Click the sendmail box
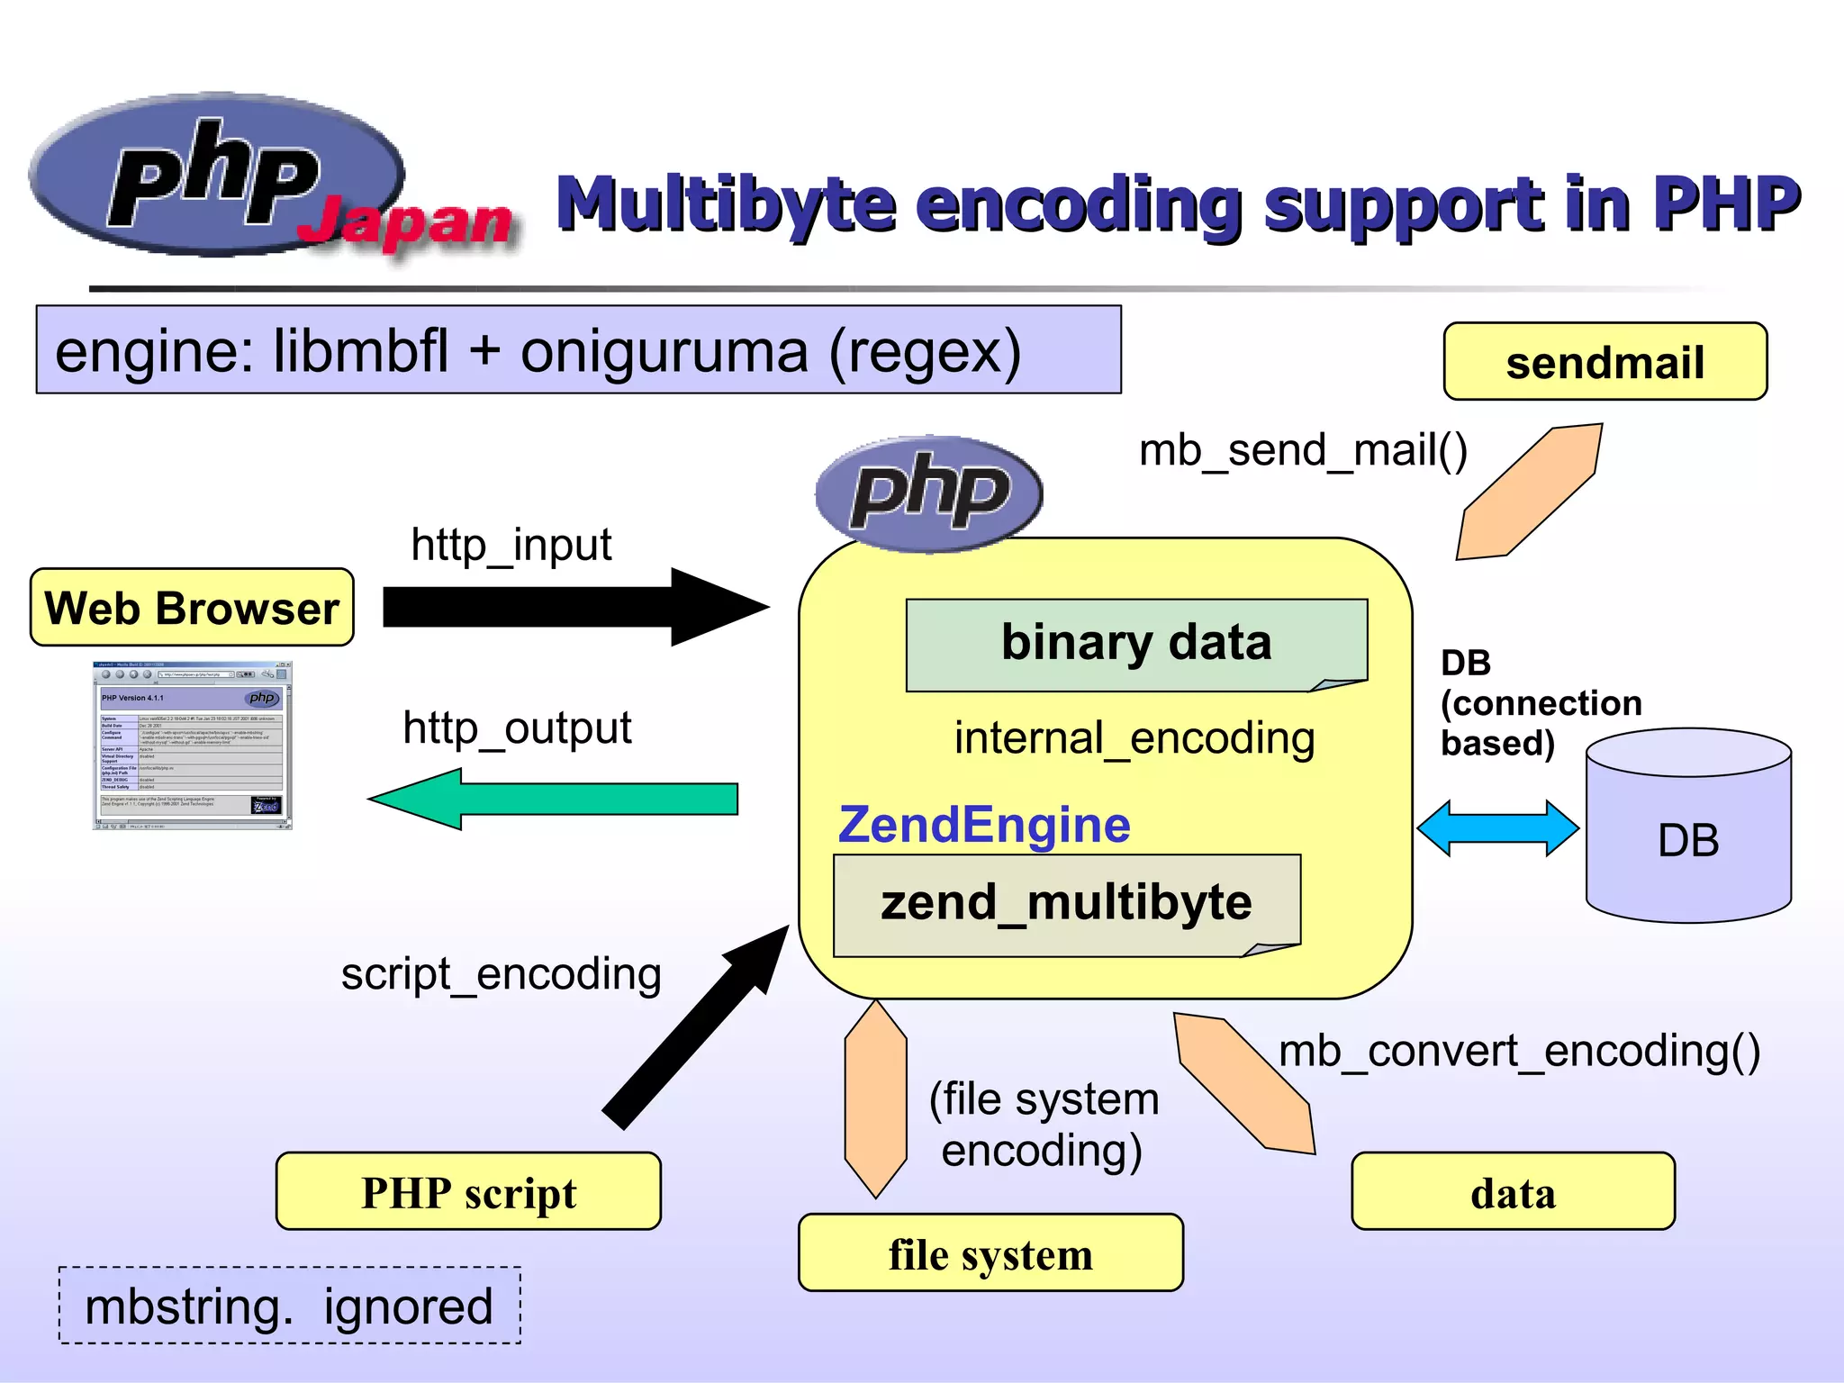point(1604,362)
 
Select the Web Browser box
point(192,608)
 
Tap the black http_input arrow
point(558,607)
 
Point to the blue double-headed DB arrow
point(1497,827)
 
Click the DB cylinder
point(1688,837)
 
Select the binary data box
point(1136,644)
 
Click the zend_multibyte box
point(1066,903)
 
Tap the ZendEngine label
point(984,825)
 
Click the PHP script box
point(468,1192)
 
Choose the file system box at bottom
point(990,1253)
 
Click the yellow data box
point(1513,1192)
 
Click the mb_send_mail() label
point(1303,450)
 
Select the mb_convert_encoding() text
point(1519,1051)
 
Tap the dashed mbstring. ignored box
point(289,1306)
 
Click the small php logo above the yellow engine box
point(929,493)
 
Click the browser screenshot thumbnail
point(192,746)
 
